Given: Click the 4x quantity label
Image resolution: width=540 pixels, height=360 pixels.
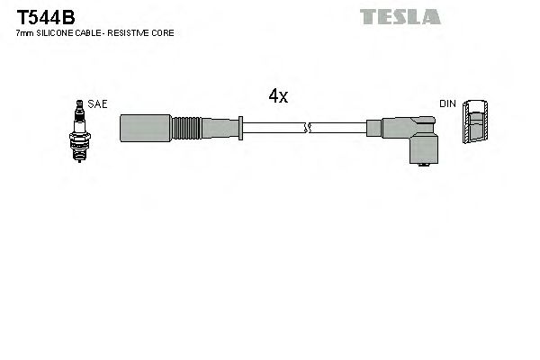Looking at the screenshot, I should [x=278, y=97].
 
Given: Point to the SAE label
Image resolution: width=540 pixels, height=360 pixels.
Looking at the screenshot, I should [x=97, y=104].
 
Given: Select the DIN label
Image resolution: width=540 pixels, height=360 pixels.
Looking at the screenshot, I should [x=447, y=104].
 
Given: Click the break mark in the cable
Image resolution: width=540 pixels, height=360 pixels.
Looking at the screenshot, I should [x=310, y=127].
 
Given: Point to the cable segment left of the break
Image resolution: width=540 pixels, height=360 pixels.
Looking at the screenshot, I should [x=274, y=127].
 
